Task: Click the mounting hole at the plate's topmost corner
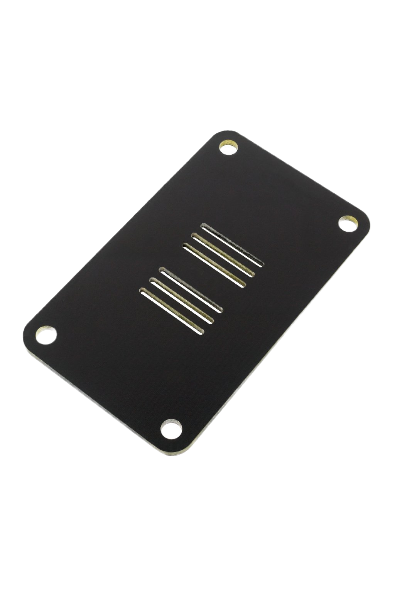pos(228,148)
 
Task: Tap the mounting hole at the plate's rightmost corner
pos(348,224)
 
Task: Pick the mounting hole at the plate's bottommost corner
pos(170,429)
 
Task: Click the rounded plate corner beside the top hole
pos(222,134)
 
